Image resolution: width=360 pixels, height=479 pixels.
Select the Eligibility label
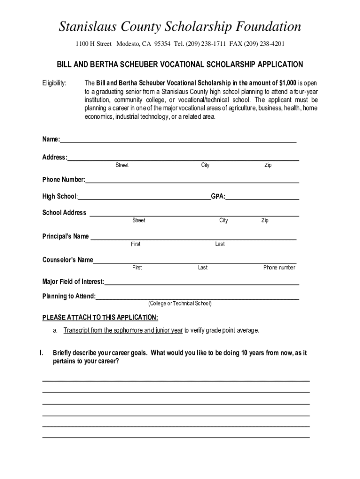(x=55, y=83)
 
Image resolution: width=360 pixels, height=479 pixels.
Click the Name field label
(x=51, y=139)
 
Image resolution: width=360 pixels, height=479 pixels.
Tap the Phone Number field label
(x=64, y=180)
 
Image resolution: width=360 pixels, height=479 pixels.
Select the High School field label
(x=60, y=196)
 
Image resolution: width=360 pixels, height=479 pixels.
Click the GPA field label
(x=218, y=196)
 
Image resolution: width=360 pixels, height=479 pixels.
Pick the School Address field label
(x=64, y=213)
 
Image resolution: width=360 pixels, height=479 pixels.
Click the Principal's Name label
(x=65, y=236)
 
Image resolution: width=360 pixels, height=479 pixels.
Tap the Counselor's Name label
(x=68, y=260)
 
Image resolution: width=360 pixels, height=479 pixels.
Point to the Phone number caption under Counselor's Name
(x=279, y=268)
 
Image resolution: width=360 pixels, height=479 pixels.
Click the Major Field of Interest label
(x=73, y=282)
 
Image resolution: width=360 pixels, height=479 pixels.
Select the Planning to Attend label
(x=69, y=296)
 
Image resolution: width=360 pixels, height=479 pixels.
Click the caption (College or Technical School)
(x=180, y=304)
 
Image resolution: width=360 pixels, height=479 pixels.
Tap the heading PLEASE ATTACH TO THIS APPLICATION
(x=100, y=318)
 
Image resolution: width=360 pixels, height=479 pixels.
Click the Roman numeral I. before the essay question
(x=41, y=353)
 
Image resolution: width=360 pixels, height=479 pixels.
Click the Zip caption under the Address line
(x=268, y=165)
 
